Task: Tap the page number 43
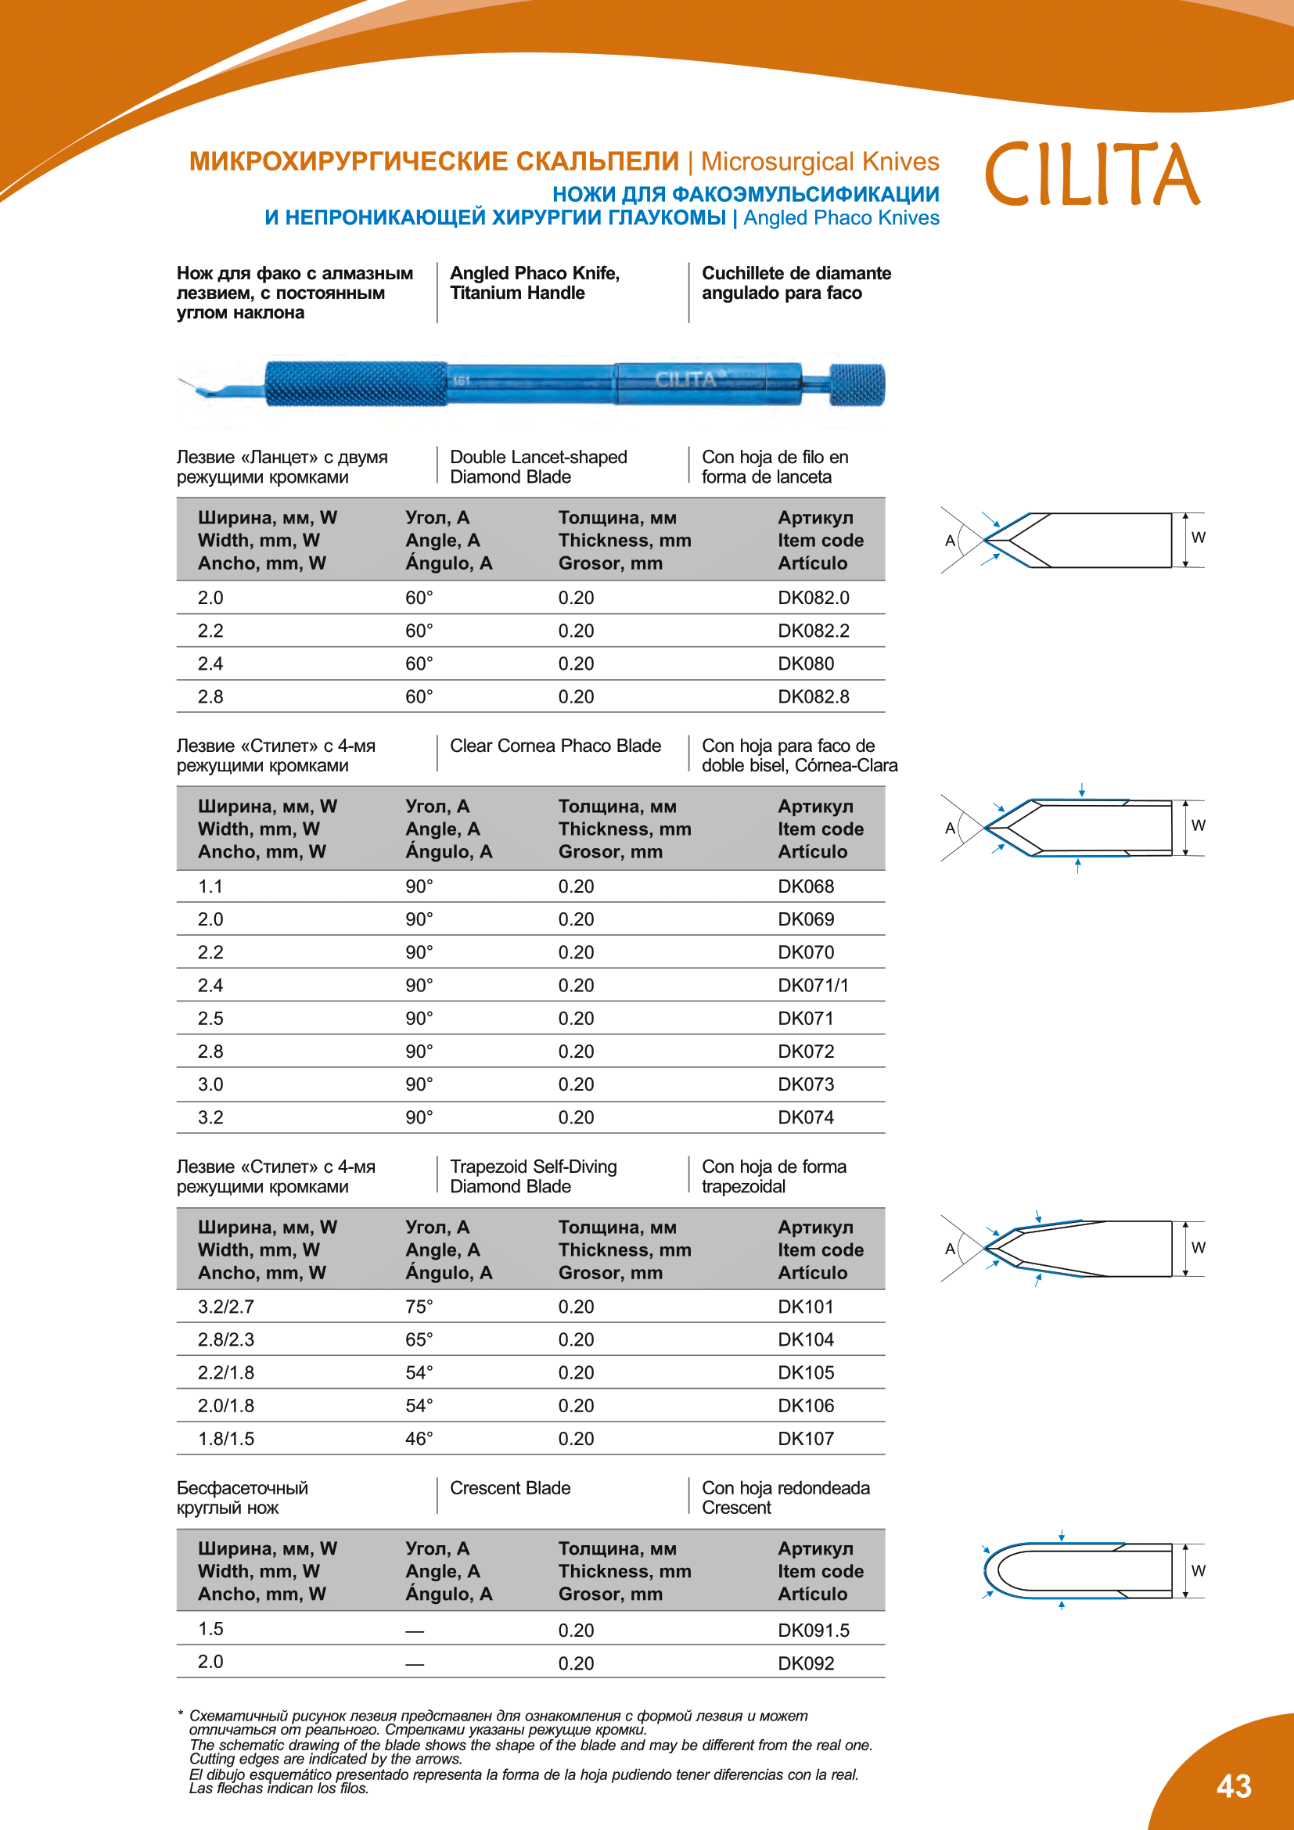(1234, 1786)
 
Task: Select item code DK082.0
(813, 598)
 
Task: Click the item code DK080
(806, 664)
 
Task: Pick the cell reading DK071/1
(813, 986)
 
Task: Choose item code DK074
(806, 1117)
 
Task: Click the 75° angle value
(419, 1307)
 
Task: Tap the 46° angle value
(419, 1439)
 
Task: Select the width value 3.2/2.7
(225, 1307)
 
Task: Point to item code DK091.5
(813, 1630)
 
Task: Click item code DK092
(806, 1663)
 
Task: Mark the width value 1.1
(210, 886)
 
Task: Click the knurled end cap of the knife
(857, 384)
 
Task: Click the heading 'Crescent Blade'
(510, 1488)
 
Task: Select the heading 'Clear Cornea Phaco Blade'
(555, 746)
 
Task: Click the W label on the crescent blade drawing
(1198, 1570)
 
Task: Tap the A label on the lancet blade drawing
(950, 541)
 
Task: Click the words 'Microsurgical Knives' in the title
(819, 162)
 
